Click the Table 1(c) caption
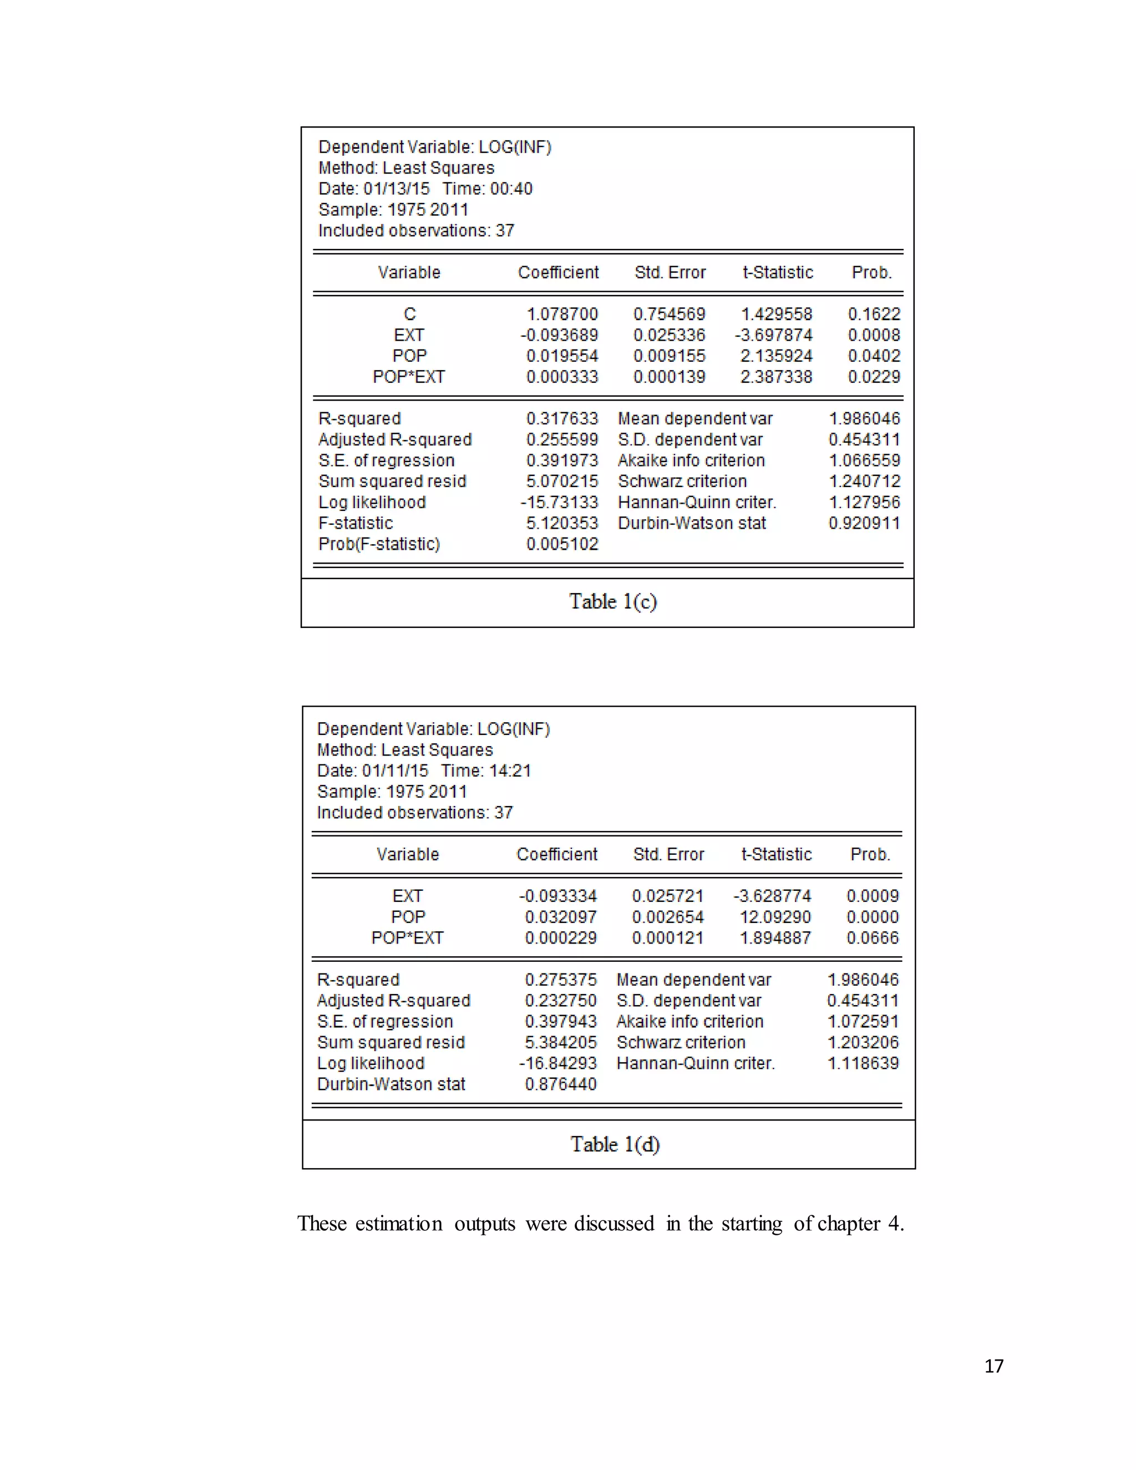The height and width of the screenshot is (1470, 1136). coord(612,601)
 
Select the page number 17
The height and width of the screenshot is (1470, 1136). coord(993,1366)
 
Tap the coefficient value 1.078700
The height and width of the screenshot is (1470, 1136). coord(562,315)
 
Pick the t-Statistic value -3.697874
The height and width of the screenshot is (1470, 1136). coord(774,335)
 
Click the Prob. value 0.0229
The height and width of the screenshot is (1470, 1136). coord(874,377)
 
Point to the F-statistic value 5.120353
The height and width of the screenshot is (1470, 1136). coord(562,523)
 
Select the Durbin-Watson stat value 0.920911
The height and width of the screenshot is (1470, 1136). coord(864,523)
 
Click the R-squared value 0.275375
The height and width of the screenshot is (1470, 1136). coord(561,980)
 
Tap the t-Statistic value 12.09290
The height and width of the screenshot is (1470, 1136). coord(775,917)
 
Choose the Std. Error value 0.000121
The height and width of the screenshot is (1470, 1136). coord(668,937)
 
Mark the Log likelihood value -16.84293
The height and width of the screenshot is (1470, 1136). coord(558,1063)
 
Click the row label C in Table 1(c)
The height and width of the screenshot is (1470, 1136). coord(410,315)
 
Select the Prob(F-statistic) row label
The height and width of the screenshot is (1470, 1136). coord(379,544)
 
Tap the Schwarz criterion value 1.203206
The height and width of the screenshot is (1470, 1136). coord(863,1043)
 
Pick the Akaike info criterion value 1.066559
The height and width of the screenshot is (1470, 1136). coord(864,460)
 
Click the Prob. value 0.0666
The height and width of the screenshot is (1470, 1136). coord(872,937)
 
